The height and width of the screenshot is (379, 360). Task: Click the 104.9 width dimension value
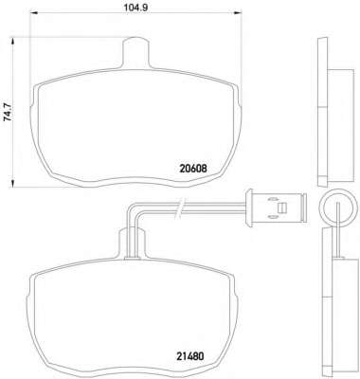pyautogui.click(x=135, y=7)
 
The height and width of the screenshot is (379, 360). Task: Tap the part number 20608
pyautogui.click(x=193, y=169)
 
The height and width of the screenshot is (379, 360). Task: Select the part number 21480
pyautogui.click(x=190, y=356)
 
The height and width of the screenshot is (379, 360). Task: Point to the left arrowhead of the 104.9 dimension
pyautogui.click(x=33, y=13)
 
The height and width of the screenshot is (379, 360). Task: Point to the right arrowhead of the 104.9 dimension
pyautogui.click(x=237, y=13)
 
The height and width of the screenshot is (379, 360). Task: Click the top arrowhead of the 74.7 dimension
pyautogui.click(x=12, y=42)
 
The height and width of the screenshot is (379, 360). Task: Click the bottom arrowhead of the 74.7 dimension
pyautogui.click(x=12, y=184)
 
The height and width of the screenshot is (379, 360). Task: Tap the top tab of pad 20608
pyautogui.click(x=136, y=52)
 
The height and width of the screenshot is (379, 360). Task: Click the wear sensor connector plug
pyautogui.click(x=276, y=208)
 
